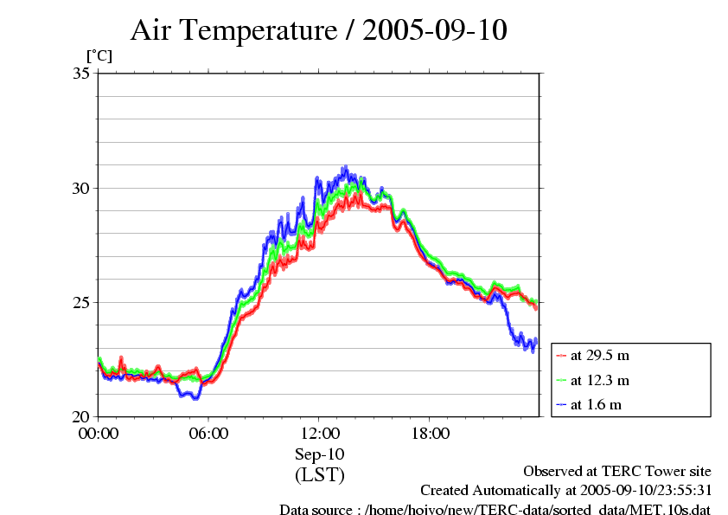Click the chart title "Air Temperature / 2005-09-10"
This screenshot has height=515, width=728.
318,31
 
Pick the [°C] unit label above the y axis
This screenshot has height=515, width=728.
99,55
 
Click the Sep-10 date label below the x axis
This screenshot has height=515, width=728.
319,454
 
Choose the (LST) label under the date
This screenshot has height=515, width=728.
319,475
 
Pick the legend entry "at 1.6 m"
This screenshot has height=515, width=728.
596,404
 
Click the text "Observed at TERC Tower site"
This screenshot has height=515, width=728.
617,471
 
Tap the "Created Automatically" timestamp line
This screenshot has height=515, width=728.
565,490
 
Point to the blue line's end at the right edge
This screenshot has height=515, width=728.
536,341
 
